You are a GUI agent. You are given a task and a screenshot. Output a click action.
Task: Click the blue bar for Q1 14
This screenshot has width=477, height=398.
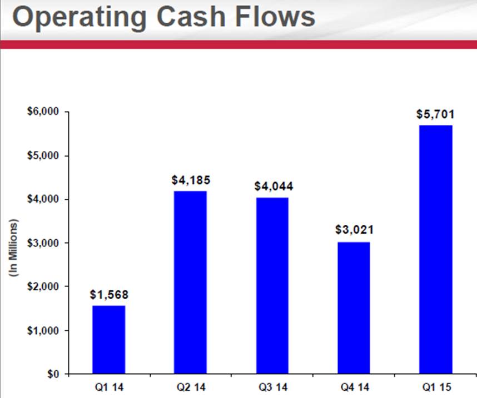click(x=109, y=339)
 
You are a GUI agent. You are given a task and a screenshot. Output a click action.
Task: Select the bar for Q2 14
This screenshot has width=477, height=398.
click(x=190, y=282)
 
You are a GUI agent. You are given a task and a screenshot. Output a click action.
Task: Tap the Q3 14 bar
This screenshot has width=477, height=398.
click(x=272, y=285)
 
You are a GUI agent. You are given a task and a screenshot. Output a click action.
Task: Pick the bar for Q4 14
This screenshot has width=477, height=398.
click(x=354, y=308)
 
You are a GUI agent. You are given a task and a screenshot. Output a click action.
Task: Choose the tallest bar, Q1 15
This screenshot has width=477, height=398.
click(x=436, y=249)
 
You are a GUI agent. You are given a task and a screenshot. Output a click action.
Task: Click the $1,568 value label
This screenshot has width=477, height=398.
click(x=109, y=295)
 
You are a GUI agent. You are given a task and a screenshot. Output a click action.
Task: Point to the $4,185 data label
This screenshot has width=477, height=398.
click(x=191, y=180)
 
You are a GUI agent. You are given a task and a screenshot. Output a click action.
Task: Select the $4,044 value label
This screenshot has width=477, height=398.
click(x=273, y=187)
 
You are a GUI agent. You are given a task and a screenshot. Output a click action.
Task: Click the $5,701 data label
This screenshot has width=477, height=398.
click(x=436, y=115)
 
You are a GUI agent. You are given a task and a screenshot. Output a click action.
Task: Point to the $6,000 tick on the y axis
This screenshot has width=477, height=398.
click(x=43, y=112)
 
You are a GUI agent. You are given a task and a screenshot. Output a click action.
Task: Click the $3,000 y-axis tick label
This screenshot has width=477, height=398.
click(x=43, y=243)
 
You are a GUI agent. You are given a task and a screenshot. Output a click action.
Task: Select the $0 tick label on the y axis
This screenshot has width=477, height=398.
click(x=52, y=374)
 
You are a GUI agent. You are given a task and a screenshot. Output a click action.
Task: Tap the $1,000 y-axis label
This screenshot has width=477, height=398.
click(x=43, y=330)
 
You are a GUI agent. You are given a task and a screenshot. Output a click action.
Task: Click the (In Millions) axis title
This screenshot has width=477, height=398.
click(x=14, y=248)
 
